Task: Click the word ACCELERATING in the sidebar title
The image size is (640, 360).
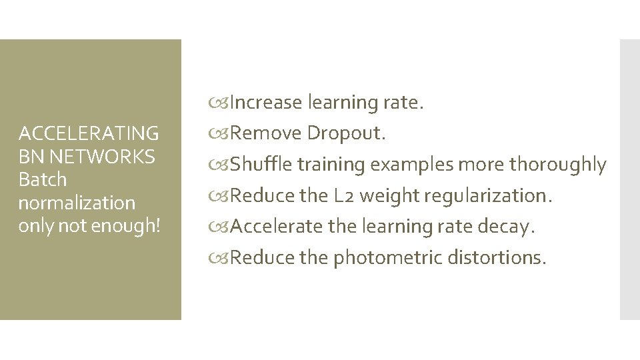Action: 89,134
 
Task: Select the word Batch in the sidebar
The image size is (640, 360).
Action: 43,179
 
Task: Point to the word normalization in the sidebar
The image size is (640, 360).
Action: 77,202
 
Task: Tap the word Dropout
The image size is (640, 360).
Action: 346,134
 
